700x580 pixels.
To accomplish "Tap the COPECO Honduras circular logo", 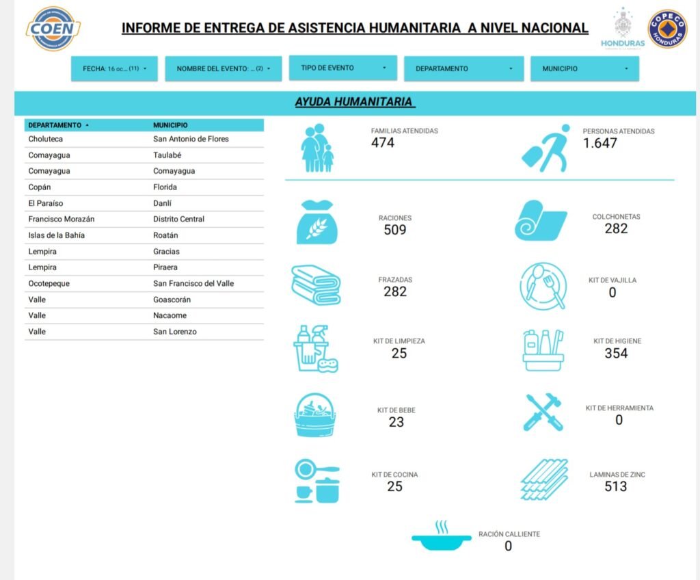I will (667, 29).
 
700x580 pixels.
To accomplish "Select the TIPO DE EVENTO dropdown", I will (343, 68).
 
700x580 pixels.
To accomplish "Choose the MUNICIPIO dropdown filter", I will (584, 69).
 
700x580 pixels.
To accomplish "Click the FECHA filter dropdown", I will (114, 69).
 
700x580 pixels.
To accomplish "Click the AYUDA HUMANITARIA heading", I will (354, 103).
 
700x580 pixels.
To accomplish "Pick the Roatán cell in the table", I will (165, 235).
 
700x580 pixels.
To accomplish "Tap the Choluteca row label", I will (46, 139).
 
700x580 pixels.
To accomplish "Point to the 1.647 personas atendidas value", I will (600, 144).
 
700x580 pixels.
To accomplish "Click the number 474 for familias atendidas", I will (383, 143).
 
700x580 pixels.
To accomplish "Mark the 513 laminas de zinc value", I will (615, 486).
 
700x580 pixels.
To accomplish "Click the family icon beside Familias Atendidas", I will (318, 148).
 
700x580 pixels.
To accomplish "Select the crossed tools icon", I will (543, 412).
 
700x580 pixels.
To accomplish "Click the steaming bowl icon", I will (442, 538).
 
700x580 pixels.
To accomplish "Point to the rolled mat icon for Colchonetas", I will (540, 220).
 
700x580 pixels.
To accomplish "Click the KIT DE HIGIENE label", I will (617, 341).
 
